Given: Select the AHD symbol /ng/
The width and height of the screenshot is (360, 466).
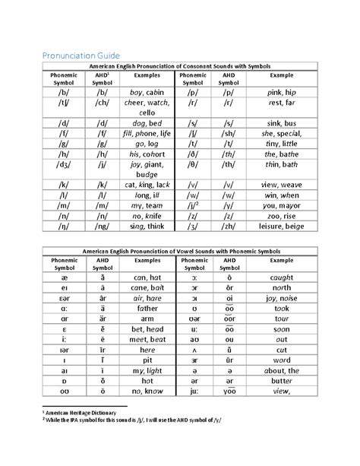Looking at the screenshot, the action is (x=103, y=228).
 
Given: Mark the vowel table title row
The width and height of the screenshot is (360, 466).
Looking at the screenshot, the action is (x=179, y=251).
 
